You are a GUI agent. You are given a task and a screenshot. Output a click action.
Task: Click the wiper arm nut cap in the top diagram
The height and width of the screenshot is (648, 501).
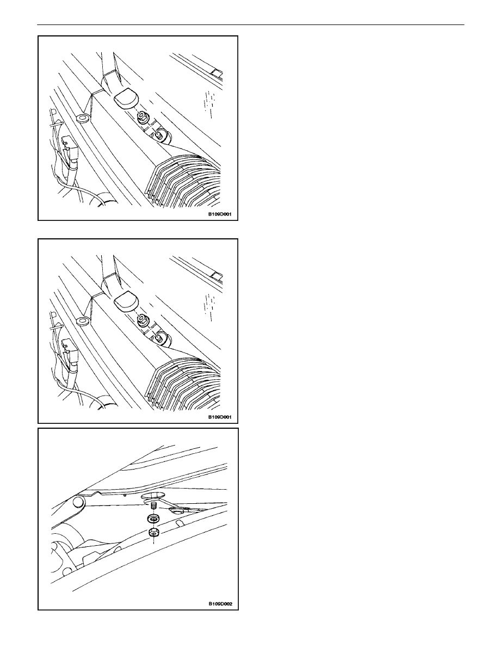point(126,98)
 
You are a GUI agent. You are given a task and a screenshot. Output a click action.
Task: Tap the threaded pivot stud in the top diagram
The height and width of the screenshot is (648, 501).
point(160,134)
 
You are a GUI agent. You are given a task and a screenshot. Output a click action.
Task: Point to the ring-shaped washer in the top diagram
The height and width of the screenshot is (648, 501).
point(81,119)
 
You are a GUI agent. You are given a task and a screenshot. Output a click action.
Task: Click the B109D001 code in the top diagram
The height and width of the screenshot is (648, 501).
point(220,214)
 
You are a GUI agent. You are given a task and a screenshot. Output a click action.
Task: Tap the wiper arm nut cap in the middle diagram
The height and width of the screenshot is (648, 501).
point(126,301)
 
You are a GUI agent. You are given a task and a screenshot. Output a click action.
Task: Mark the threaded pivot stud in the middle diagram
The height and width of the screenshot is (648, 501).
point(160,337)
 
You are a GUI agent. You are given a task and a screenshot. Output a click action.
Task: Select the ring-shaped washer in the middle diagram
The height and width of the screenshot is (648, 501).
point(81,321)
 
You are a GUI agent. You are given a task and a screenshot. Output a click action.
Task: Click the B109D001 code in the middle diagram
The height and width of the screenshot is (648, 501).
point(220,417)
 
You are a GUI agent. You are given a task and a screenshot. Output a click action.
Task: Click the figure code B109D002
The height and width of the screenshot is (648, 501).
point(220,604)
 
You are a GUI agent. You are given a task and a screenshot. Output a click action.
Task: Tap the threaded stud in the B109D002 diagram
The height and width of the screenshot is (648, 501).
point(153,506)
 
